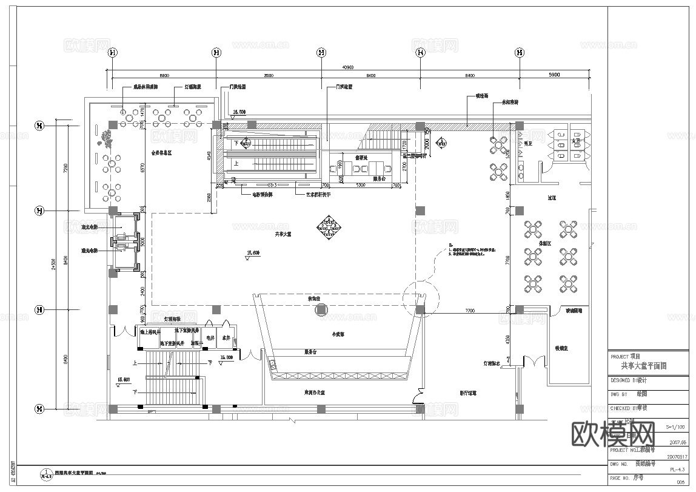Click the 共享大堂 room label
[x=283, y=234]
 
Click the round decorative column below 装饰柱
[x=321, y=311]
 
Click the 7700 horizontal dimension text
[x=469, y=310]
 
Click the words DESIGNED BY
[x=623, y=381]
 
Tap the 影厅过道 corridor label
[x=467, y=393]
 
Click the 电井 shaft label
[x=210, y=337]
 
